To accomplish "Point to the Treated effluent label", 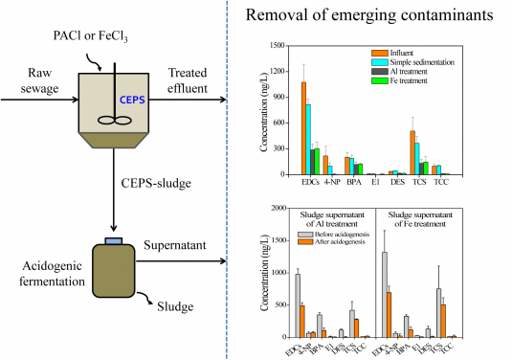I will [192, 82].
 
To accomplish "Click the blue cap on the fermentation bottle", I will [111, 239].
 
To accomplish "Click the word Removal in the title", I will [277, 16].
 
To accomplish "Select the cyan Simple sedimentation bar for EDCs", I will [309, 139].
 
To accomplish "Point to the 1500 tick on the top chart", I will [278, 46].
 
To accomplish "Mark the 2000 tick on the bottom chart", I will [278, 208].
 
